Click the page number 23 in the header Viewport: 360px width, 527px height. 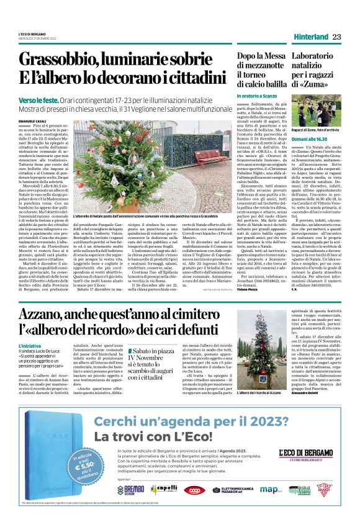coord(337,37)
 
